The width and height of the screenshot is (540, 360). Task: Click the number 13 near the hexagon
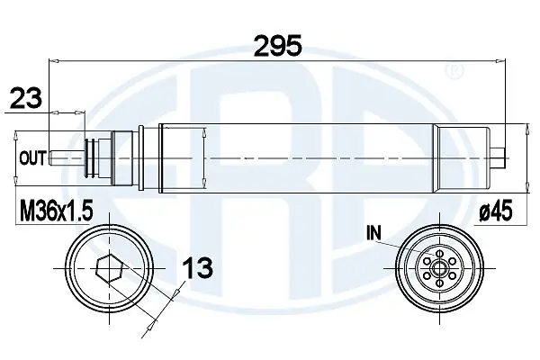point(200,267)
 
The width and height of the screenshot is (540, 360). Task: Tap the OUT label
point(33,158)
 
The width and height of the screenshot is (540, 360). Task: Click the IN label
point(375,233)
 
